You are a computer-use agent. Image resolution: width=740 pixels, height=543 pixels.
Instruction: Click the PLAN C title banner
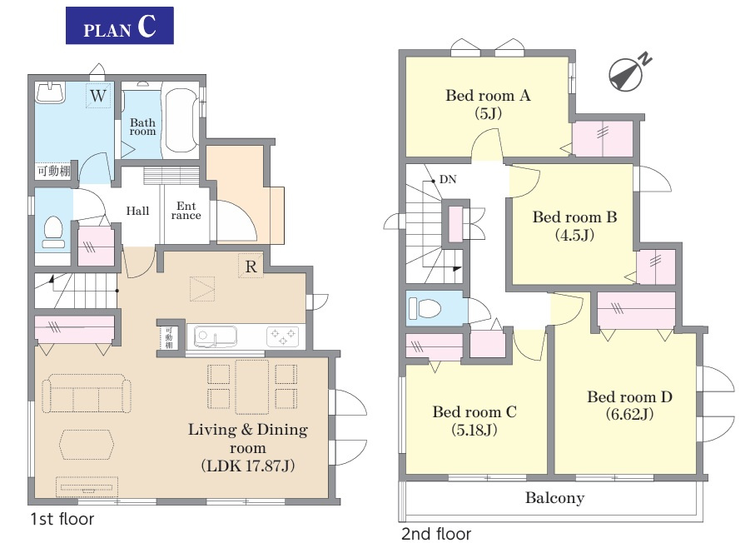pyautogui.click(x=119, y=26)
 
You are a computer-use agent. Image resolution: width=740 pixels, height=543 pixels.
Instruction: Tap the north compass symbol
pyautogui.click(x=627, y=74)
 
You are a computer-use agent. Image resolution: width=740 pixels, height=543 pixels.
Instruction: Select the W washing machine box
pyautogui.click(x=98, y=96)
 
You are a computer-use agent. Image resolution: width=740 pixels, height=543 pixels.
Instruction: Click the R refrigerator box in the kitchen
pyautogui.click(x=251, y=267)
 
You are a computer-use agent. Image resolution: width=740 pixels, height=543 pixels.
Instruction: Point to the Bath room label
pyautogui.click(x=142, y=127)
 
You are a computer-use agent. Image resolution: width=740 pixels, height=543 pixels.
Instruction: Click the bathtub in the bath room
pyautogui.click(x=181, y=120)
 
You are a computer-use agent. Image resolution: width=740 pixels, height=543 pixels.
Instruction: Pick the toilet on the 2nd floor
pyautogui.click(x=425, y=308)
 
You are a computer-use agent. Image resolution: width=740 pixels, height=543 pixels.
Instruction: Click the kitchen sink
pyautogui.click(x=216, y=336)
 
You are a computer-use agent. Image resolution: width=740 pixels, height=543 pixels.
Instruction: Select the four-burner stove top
pyautogui.click(x=282, y=336)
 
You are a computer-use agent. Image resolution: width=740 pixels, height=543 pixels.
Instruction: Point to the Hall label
pyautogui.click(x=137, y=211)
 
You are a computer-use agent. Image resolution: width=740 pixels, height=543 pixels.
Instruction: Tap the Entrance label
pyautogui.click(x=186, y=211)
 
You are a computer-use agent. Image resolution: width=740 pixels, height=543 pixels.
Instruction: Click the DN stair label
pyautogui.click(x=448, y=179)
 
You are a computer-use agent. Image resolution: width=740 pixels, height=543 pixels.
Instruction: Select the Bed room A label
pyautogui.click(x=488, y=96)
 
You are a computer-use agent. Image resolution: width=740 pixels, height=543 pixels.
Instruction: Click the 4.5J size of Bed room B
pyautogui.click(x=574, y=235)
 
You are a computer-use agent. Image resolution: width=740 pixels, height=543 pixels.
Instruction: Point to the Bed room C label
pyautogui.click(x=474, y=411)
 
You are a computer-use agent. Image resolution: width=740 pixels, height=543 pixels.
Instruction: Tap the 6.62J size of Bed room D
pyautogui.click(x=629, y=414)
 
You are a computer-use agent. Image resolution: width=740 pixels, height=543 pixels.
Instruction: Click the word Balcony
pyautogui.click(x=555, y=498)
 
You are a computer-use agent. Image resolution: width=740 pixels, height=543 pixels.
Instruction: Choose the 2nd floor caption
pyautogui.click(x=436, y=534)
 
